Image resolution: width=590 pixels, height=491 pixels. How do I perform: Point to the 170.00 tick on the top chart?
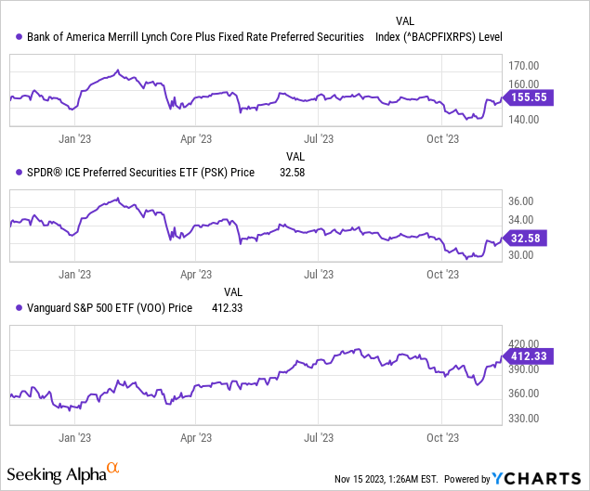tap(523, 65)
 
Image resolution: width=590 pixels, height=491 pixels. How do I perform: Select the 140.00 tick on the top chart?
tap(523, 119)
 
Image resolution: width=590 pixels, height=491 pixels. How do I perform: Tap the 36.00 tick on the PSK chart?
tap(520, 201)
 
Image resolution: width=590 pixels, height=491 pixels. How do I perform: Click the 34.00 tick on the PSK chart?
tap(520, 220)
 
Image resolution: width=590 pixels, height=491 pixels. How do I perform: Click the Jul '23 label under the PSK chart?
tap(319, 275)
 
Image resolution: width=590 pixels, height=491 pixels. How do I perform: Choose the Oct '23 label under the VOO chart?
tap(442, 434)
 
